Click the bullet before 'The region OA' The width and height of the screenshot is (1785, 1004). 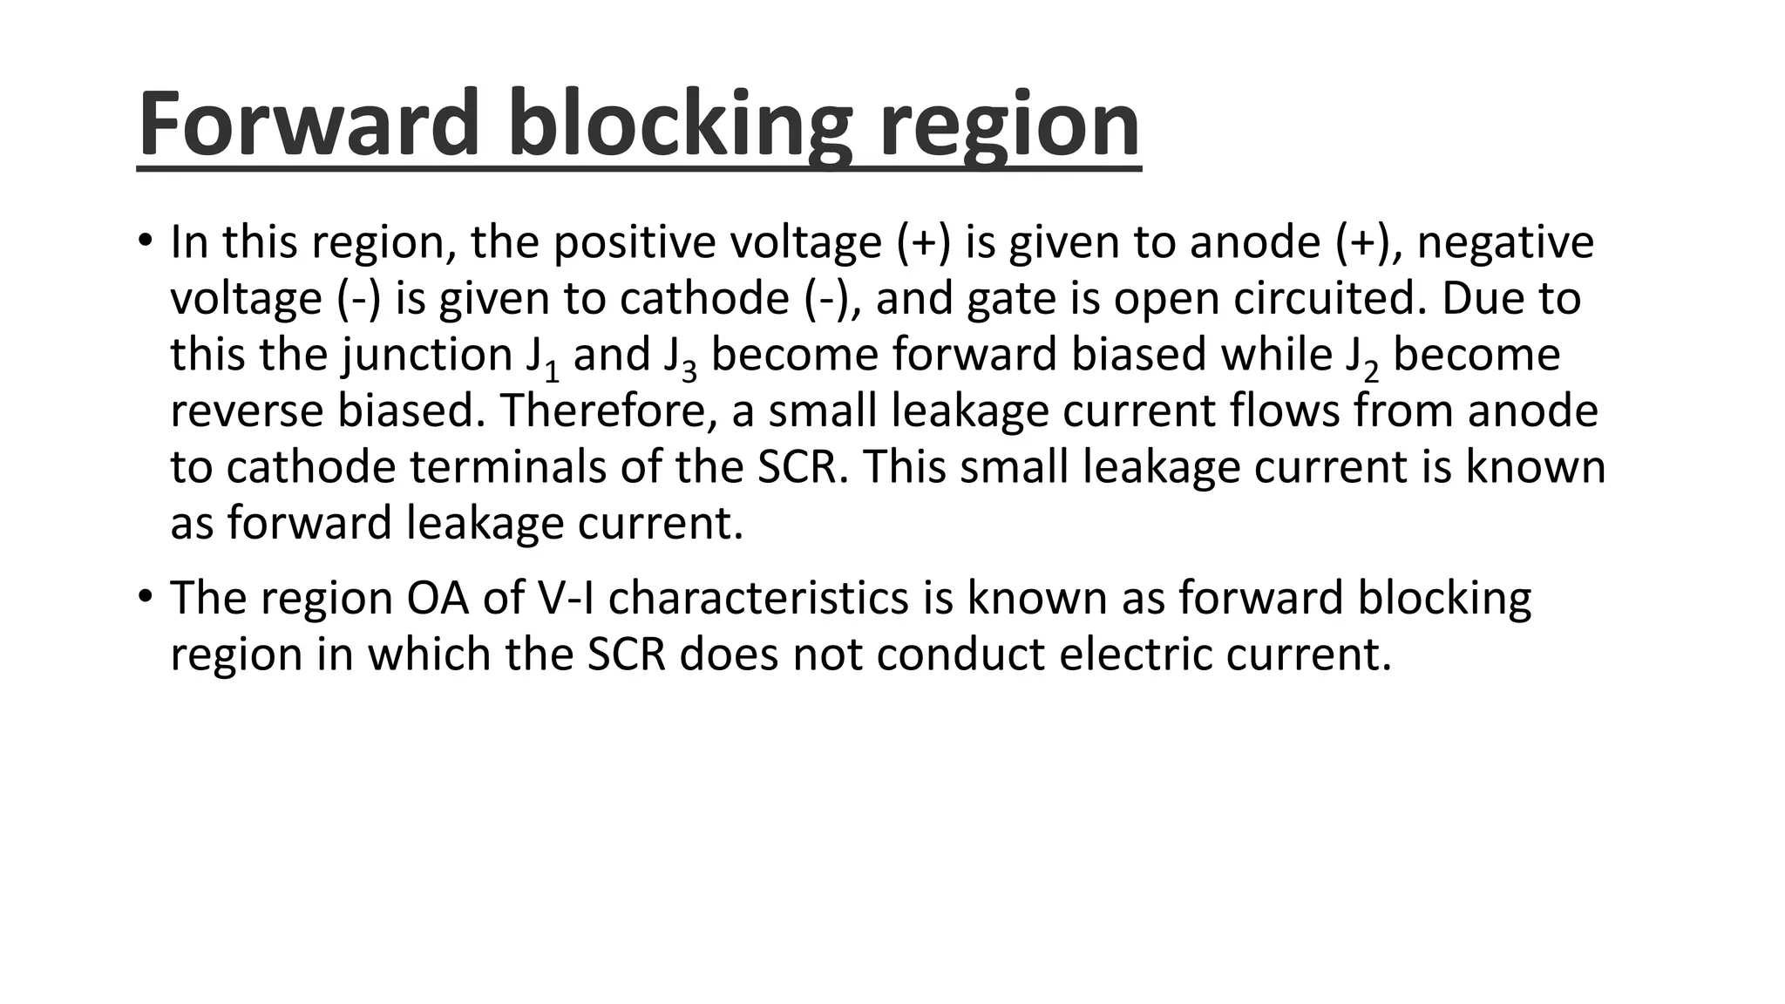pos(145,596)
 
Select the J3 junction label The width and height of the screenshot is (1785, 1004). pos(680,358)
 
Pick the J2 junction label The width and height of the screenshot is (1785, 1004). pos(1362,358)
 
